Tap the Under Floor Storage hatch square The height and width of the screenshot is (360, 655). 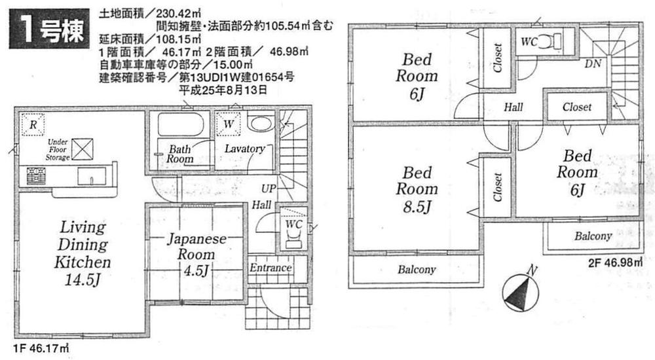pyautogui.click(x=83, y=149)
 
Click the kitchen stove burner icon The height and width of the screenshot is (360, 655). pyautogui.click(x=36, y=176)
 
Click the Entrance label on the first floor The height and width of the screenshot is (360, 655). pyautogui.click(x=270, y=268)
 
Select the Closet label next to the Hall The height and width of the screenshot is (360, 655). pyautogui.click(x=576, y=107)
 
